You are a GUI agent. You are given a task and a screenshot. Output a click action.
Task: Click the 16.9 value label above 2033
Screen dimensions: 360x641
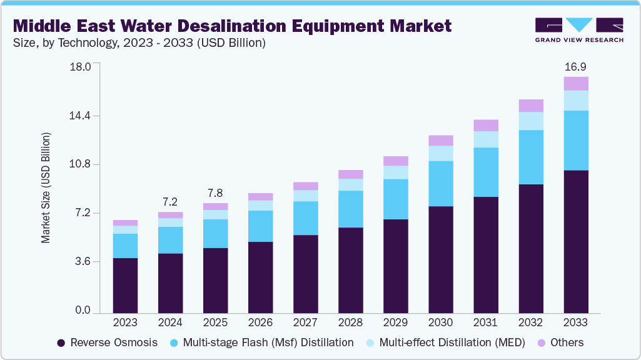(x=575, y=67)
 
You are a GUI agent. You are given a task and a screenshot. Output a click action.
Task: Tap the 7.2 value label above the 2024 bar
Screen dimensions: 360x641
(x=170, y=202)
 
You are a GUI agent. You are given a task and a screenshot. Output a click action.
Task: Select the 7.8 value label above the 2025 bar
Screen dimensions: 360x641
(x=215, y=193)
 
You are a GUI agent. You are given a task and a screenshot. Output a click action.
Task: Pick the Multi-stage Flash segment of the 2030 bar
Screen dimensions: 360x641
(x=440, y=183)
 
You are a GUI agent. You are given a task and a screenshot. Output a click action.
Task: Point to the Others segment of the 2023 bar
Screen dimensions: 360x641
(x=125, y=222)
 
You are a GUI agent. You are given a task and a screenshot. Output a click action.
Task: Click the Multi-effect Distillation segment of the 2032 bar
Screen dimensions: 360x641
(x=530, y=121)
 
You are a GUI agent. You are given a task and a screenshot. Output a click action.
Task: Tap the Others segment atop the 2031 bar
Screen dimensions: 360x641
(x=485, y=125)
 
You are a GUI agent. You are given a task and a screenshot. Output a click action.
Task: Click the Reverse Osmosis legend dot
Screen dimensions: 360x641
(x=61, y=343)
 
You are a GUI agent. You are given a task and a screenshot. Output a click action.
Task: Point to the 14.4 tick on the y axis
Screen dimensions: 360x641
(x=81, y=116)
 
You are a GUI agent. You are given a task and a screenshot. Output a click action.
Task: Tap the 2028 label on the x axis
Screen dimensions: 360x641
(x=350, y=322)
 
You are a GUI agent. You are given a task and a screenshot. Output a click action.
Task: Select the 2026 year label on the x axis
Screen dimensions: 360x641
(x=260, y=322)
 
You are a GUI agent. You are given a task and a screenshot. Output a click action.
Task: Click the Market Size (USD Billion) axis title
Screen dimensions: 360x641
(x=46, y=188)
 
